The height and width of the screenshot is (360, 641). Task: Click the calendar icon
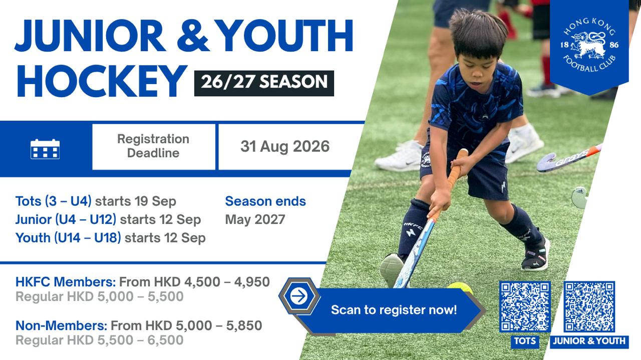(45, 149)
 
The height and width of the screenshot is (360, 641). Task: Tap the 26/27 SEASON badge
(264, 83)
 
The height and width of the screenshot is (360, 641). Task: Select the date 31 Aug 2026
(285, 146)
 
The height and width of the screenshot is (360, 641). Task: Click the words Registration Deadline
(153, 146)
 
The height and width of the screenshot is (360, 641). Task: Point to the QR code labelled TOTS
(525, 306)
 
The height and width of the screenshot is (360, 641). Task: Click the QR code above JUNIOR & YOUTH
(589, 306)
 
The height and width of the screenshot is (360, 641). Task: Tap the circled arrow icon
(299, 296)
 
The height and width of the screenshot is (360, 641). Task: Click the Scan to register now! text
(394, 310)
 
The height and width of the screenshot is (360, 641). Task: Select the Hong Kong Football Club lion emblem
(589, 45)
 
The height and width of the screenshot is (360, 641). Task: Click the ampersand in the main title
(193, 36)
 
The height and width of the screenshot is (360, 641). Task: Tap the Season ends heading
(265, 201)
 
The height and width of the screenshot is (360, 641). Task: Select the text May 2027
(255, 219)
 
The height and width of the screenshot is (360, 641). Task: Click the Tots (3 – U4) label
(54, 201)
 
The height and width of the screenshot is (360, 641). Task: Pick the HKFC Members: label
(66, 282)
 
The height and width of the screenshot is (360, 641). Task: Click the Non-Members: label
(62, 325)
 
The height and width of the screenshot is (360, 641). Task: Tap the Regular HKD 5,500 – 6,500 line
(99, 340)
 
